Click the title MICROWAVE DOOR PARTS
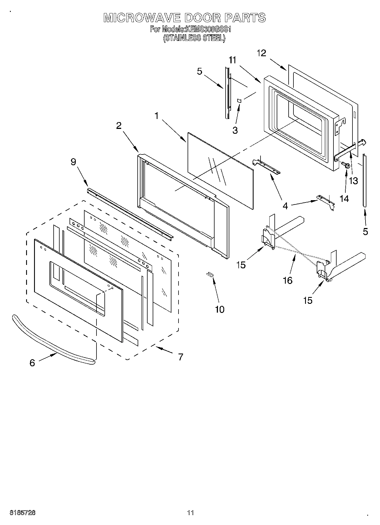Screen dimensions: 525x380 click(185, 18)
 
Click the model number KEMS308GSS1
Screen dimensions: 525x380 click(208, 29)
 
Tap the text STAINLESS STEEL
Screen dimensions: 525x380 click(194, 38)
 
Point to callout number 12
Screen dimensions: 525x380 click(262, 53)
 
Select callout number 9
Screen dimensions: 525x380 click(73, 162)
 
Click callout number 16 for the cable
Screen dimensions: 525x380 click(287, 280)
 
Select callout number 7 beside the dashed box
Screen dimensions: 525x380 click(180, 357)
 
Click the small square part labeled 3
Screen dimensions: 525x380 click(239, 101)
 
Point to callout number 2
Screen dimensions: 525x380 click(119, 126)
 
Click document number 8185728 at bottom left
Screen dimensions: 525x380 click(23, 513)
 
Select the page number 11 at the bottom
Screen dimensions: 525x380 click(190, 513)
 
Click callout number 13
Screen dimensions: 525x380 click(353, 181)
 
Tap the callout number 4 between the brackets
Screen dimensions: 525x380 click(285, 206)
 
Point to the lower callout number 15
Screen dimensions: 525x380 click(308, 300)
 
